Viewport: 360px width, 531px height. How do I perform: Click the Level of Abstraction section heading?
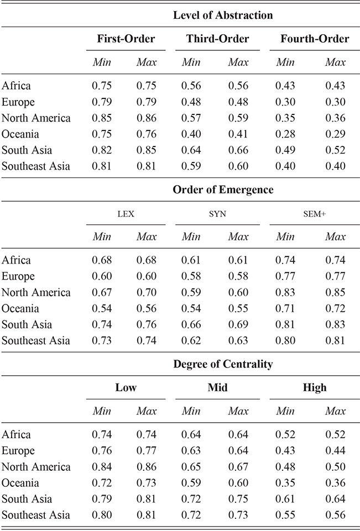tap(223, 15)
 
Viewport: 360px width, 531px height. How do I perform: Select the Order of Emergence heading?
tap(223, 190)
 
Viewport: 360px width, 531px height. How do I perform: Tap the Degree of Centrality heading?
tap(223, 364)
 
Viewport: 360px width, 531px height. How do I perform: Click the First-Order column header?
tap(126, 39)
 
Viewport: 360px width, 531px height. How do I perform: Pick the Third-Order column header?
tap(217, 39)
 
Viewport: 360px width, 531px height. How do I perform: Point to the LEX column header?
tap(126, 214)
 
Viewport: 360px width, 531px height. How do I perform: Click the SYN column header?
tap(217, 214)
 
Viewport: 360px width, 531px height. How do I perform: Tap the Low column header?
tap(126, 387)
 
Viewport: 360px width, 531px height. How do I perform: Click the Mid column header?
tap(217, 387)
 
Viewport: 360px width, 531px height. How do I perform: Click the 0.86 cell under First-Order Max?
tap(147, 118)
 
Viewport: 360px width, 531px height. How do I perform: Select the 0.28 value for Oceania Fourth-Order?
tap(285, 134)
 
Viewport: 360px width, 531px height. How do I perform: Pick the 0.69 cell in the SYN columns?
tap(238, 324)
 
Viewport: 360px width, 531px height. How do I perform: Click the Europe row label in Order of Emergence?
tap(18, 276)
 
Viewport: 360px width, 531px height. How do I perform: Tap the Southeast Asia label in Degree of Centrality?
tap(35, 515)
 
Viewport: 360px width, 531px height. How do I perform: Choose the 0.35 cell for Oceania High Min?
tap(285, 483)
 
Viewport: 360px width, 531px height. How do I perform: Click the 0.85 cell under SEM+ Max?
tap(335, 292)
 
